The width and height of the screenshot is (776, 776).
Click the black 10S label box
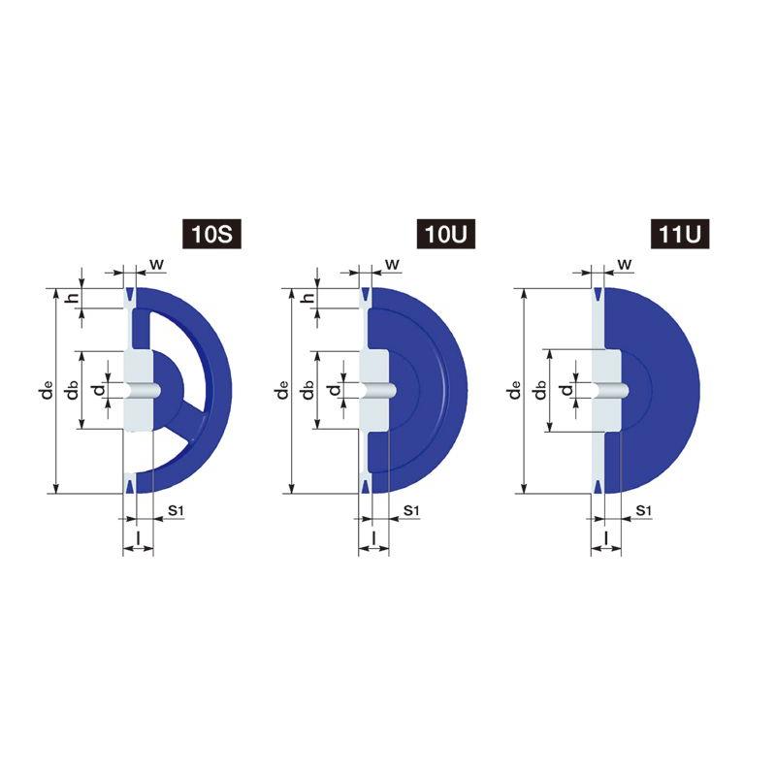(211, 234)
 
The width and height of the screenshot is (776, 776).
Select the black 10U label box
(446, 234)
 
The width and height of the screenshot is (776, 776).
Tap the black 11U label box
(680, 234)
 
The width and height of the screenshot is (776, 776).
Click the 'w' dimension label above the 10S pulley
(157, 264)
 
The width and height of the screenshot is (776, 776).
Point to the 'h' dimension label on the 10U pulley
(308, 298)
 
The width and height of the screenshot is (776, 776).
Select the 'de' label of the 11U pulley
(515, 390)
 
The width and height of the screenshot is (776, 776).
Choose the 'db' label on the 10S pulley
(73, 390)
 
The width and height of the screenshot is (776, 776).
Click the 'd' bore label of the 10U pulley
(335, 390)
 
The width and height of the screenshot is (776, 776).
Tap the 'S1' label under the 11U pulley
(643, 510)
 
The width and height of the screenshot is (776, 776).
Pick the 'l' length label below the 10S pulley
(138, 536)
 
